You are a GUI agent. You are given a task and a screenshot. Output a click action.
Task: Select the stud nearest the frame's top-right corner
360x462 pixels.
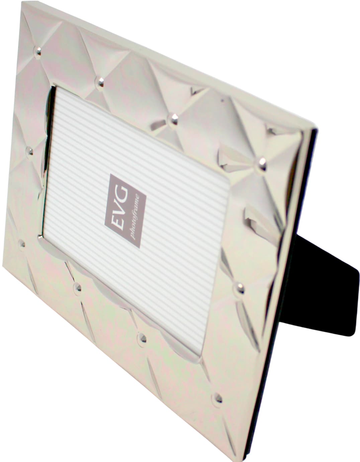(x=261, y=164)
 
